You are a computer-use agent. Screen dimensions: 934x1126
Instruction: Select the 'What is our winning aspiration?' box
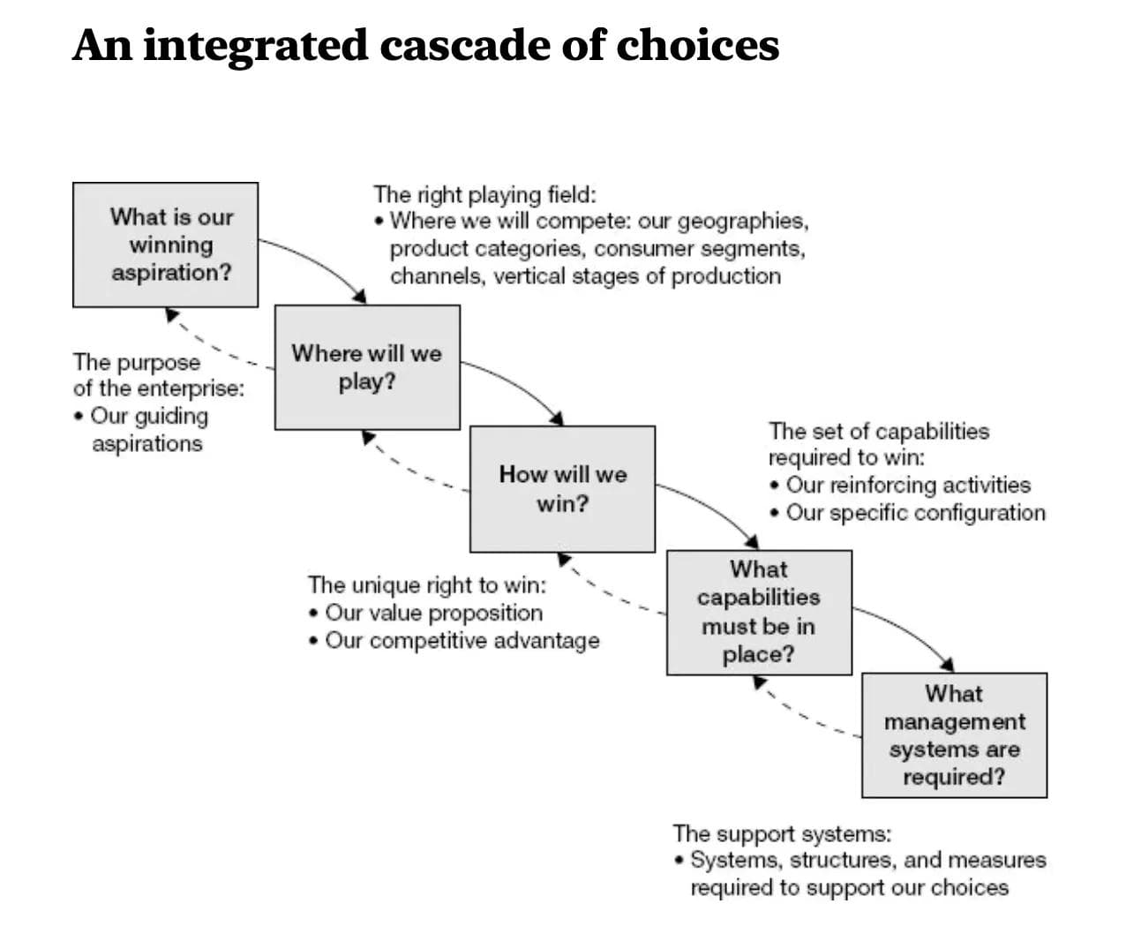(x=165, y=245)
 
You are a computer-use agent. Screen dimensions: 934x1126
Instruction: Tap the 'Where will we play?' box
(x=367, y=367)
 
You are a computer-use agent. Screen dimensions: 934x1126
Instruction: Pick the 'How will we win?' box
(x=562, y=488)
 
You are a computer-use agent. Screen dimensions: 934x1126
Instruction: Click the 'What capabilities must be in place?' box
(x=759, y=612)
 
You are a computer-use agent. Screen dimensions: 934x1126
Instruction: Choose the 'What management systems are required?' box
(x=954, y=734)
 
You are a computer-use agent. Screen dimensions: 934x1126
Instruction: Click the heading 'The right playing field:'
(x=484, y=194)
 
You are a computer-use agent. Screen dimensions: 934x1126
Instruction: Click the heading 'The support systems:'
(x=782, y=833)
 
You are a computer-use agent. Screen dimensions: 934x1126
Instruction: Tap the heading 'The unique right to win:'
(x=426, y=584)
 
